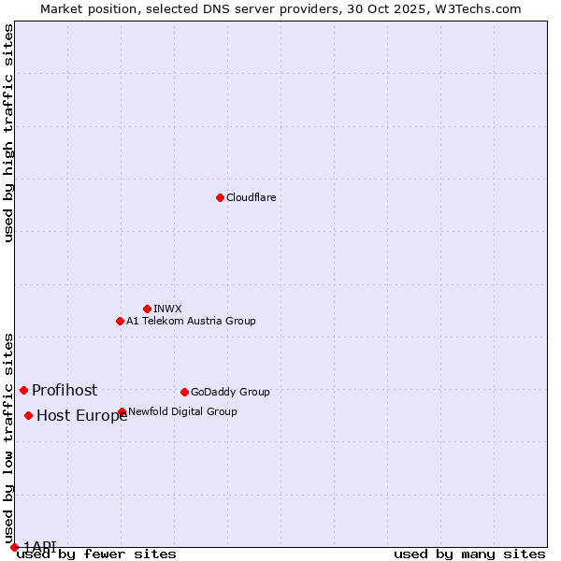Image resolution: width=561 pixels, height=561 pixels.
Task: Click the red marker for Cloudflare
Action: [220, 197]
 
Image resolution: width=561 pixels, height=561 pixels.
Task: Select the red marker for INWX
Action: [147, 309]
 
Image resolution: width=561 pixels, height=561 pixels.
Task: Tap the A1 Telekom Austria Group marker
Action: [120, 321]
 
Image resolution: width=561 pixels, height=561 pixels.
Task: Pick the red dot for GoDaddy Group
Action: [184, 392]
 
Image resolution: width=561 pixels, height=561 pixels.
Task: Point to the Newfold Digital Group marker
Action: [122, 411]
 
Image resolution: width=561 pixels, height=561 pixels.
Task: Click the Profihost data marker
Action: [23, 390]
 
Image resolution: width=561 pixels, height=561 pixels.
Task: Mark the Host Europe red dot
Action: [29, 415]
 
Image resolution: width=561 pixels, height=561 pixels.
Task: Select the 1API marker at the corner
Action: [14, 547]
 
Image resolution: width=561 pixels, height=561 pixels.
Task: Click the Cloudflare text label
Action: [251, 197]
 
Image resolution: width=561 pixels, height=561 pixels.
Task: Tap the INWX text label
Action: [167, 309]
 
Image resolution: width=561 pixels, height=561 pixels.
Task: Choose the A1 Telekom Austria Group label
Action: [191, 321]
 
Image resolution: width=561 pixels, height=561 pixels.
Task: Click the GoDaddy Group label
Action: [230, 392]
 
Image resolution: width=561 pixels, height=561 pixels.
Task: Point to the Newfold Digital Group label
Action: [182, 411]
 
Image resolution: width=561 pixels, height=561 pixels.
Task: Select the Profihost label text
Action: [65, 390]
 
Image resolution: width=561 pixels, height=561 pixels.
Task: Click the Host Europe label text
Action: [81, 416]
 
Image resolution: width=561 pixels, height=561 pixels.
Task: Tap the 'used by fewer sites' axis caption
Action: [96, 554]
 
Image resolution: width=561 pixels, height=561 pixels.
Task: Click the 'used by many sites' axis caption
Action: [469, 554]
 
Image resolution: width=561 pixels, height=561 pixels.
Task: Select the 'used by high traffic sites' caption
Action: [9, 133]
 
